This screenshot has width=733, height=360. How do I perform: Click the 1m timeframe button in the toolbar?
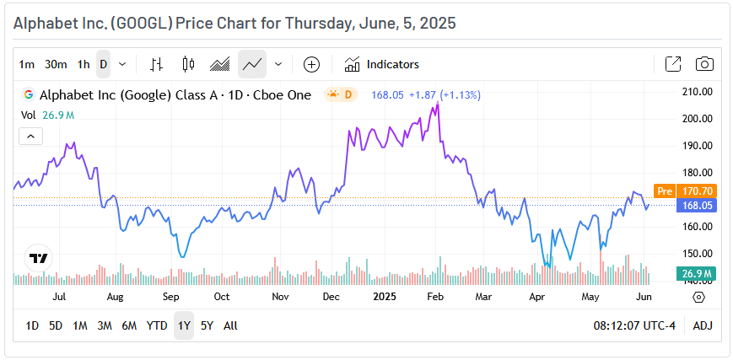tap(27, 64)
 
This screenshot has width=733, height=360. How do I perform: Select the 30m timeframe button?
tap(56, 64)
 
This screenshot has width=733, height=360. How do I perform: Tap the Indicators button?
tap(382, 64)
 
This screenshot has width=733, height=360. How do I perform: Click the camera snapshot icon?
tap(704, 64)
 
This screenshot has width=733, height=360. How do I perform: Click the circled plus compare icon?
tap(311, 64)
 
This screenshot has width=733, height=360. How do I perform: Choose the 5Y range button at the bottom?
tap(207, 325)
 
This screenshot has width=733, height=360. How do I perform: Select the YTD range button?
tap(157, 325)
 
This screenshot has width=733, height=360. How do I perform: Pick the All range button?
tap(230, 325)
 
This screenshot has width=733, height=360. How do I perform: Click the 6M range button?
tap(129, 325)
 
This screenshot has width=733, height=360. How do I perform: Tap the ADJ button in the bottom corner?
tap(703, 325)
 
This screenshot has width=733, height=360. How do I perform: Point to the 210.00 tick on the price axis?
tap(698, 92)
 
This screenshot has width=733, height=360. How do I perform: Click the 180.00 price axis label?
tap(698, 146)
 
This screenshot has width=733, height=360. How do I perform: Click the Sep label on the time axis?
tap(171, 297)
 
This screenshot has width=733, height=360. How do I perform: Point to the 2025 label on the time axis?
tap(385, 297)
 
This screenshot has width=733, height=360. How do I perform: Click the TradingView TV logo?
tap(38, 259)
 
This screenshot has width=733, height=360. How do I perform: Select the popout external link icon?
tap(673, 64)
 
